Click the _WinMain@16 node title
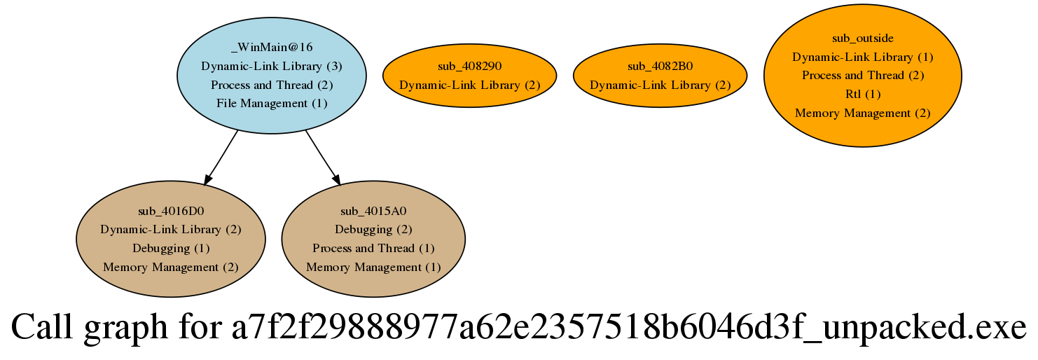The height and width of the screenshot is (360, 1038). click(272, 47)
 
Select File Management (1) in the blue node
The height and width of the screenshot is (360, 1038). click(272, 104)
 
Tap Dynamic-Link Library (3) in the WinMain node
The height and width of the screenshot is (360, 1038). click(272, 67)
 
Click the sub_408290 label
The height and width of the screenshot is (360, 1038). click(469, 67)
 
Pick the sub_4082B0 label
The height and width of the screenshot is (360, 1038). click(660, 67)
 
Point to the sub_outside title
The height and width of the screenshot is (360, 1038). click(862, 38)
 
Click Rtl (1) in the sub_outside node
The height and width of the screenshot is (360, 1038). click(862, 94)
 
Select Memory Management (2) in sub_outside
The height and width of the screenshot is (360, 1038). click(862, 113)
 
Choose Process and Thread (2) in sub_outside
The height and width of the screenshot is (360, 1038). click(862, 76)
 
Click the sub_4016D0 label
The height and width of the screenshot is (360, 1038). click(170, 212)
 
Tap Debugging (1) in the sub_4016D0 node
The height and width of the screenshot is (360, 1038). click(170, 249)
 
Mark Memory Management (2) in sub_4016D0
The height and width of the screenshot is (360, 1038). click(170, 268)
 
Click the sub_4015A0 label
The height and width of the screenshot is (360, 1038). click(373, 212)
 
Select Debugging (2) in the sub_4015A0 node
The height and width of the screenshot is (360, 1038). click(373, 230)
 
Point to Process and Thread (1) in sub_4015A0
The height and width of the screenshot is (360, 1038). click(373, 249)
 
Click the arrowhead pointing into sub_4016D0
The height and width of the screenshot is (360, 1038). click(207, 180)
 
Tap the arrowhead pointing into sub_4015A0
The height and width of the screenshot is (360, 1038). click(336, 180)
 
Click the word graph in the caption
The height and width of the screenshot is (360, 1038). click(125, 328)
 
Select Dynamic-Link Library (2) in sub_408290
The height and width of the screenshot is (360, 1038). click(469, 85)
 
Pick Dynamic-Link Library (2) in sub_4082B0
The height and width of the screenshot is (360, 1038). click(660, 85)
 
